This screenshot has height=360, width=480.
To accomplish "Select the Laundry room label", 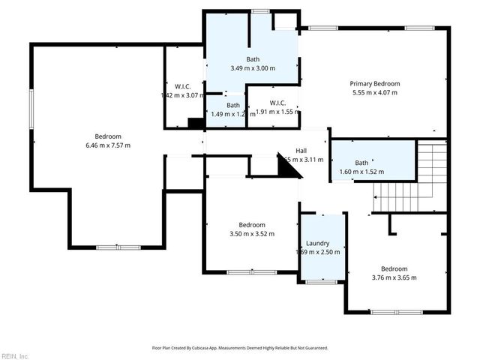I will (318, 244).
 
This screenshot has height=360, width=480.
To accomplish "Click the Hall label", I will (301, 151).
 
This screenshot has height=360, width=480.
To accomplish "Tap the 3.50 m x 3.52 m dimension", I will (252, 234).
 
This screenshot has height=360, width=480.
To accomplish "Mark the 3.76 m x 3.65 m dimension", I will (394, 278).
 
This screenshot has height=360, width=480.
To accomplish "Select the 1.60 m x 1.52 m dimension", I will (361, 172).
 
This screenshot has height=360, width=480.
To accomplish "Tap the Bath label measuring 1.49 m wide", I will (233, 106).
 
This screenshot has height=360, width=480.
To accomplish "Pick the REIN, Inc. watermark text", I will (15, 355).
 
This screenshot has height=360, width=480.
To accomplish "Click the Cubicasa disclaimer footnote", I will (240, 348).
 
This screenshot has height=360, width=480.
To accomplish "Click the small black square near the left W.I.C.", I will (196, 124).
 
